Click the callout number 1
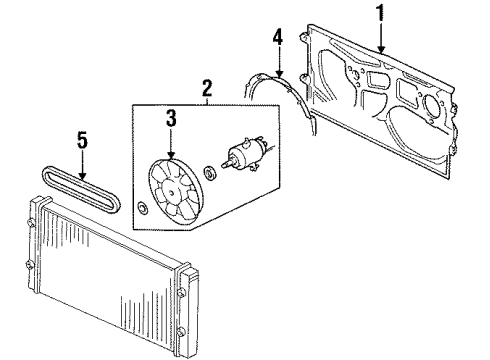point(381,13)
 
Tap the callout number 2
point(207,88)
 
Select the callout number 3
point(171,119)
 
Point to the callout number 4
point(278,37)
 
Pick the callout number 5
point(82,140)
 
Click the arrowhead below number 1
point(381,49)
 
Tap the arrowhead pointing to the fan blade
point(171,155)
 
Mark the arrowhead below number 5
point(82,176)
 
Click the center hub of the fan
point(171,192)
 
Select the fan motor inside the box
point(246,154)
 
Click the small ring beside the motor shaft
point(211,172)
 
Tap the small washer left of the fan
point(143,208)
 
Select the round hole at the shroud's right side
point(431,105)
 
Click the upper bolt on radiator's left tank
point(31,223)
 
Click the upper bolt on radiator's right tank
point(181,292)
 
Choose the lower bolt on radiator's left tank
point(30,265)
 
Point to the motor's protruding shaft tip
point(223,164)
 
